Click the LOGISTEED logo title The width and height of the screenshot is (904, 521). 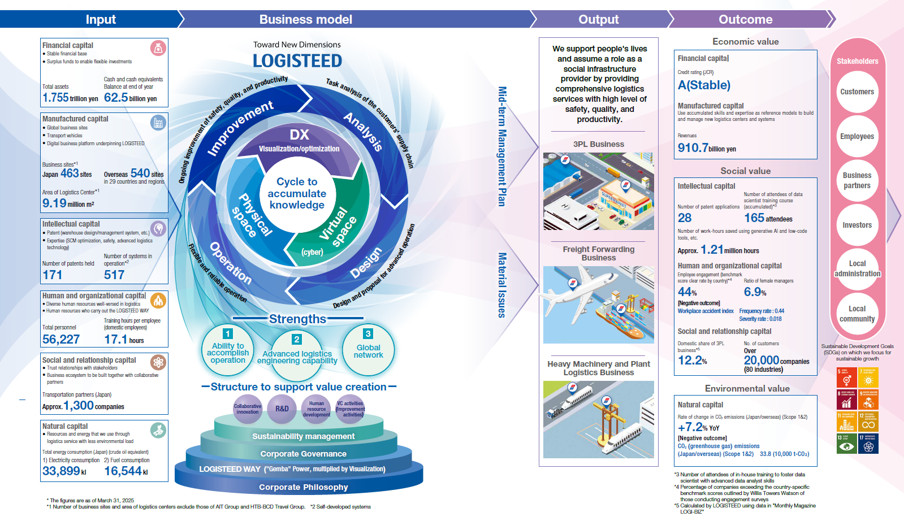pyautogui.click(x=297, y=60)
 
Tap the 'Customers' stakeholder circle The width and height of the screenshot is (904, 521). pyautogui.click(x=857, y=92)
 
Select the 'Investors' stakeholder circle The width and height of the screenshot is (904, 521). pyautogui.click(x=857, y=225)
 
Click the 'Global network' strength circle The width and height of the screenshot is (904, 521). pyautogui.click(x=368, y=351)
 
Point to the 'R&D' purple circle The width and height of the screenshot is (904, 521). pyautogui.click(x=282, y=409)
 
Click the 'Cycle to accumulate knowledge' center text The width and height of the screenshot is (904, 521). pyautogui.click(x=297, y=193)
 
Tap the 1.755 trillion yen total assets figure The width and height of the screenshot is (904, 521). pyautogui.click(x=55, y=97)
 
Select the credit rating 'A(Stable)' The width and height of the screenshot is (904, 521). pyautogui.click(x=704, y=85)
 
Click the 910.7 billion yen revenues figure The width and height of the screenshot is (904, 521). pyautogui.click(x=693, y=148)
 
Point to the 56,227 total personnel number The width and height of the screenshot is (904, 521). pyautogui.click(x=61, y=339)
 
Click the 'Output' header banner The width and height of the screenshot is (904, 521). pyautogui.click(x=598, y=19)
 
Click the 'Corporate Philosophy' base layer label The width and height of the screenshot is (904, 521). pyautogui.click(x=303, y=487)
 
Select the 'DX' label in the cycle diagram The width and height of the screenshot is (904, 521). pyautogui.click(x=299, y=134)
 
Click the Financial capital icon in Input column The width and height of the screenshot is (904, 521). pyautogui.click(x=158, y=48)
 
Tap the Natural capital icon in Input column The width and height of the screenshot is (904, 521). pyautogui.click(x=158, y=430)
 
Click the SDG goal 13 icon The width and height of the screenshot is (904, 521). pyautogui.click(x=846, y=444)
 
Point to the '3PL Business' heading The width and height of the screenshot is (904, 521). pyautogui.click(x=598, y=144)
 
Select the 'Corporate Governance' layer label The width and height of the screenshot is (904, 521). pyautogui.click(x=303, y=454)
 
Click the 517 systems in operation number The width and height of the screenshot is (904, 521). pyautogui.click(x=114, y=275)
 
